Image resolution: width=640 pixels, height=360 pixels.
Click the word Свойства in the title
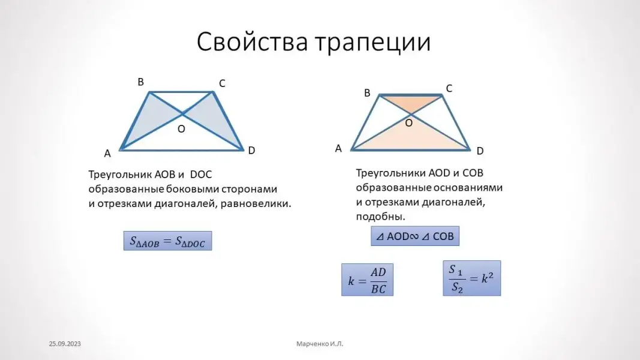(253, 41)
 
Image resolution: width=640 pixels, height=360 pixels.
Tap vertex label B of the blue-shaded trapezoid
(141, 82)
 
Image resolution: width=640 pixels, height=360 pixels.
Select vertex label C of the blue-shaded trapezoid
(222, 83)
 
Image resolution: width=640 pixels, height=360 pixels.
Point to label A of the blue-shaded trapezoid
(107, 154)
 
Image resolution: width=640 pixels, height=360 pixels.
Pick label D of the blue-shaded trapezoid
(251, 151)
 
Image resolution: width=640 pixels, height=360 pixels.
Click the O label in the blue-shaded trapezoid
(181, 129)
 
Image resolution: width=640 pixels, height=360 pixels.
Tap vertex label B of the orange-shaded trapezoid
(367, 93)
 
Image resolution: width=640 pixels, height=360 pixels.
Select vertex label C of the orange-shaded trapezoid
(449, 89)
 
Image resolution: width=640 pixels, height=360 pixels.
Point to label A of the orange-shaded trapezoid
(338, 149)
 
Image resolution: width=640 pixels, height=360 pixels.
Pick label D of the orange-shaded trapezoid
(480, 151)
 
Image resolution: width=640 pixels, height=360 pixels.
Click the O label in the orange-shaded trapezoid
(408, 123)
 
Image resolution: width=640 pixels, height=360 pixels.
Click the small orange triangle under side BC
(411, 102)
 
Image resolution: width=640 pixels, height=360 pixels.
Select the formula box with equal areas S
(168, 241)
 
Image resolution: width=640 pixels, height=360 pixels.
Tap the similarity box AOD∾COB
(415, 236)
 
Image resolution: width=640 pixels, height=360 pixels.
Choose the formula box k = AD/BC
(367, 280)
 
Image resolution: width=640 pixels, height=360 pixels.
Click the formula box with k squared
(472, 278)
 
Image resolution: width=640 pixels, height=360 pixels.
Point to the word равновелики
(256, 203)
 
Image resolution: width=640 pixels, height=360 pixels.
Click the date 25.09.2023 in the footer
(65, 344)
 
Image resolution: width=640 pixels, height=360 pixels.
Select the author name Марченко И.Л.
(320, 344)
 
